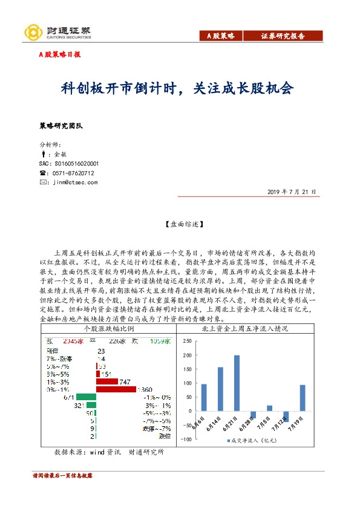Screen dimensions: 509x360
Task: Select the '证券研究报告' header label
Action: coord(283,36)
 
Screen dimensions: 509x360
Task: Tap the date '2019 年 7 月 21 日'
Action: coord(292,192)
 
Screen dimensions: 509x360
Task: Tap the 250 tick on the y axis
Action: coord(187,340)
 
